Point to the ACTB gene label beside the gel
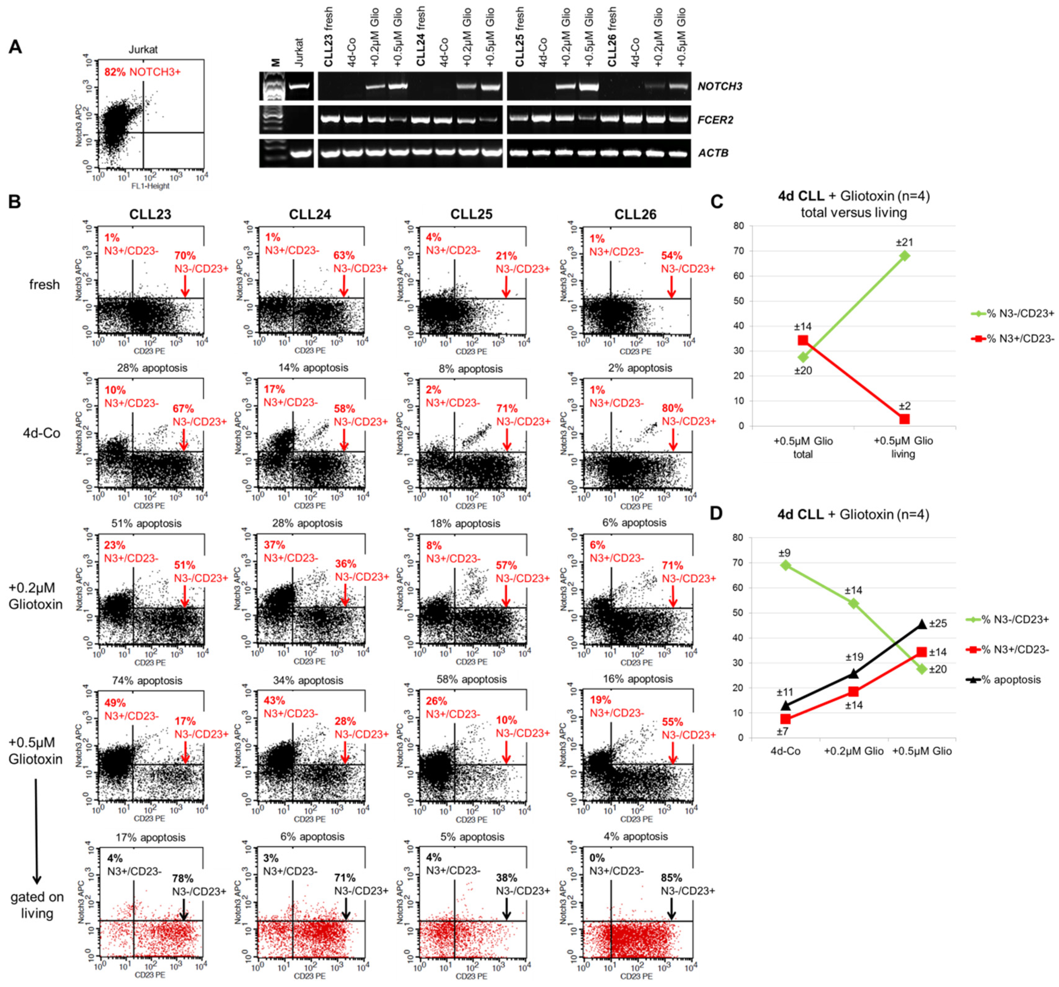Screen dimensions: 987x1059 pos(713,153)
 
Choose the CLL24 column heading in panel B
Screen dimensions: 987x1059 pos(310,214)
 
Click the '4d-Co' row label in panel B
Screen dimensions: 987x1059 pos(41,433)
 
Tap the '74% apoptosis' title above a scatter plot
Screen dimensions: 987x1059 pos(147,681)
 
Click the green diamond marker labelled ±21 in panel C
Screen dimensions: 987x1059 pos(903,256)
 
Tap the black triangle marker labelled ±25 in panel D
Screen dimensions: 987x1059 pos(922,624)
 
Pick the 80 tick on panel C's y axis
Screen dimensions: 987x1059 pos(738,226)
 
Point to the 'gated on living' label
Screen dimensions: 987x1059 pos(37,905)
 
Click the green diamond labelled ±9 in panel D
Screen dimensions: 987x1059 pos(785,565)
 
